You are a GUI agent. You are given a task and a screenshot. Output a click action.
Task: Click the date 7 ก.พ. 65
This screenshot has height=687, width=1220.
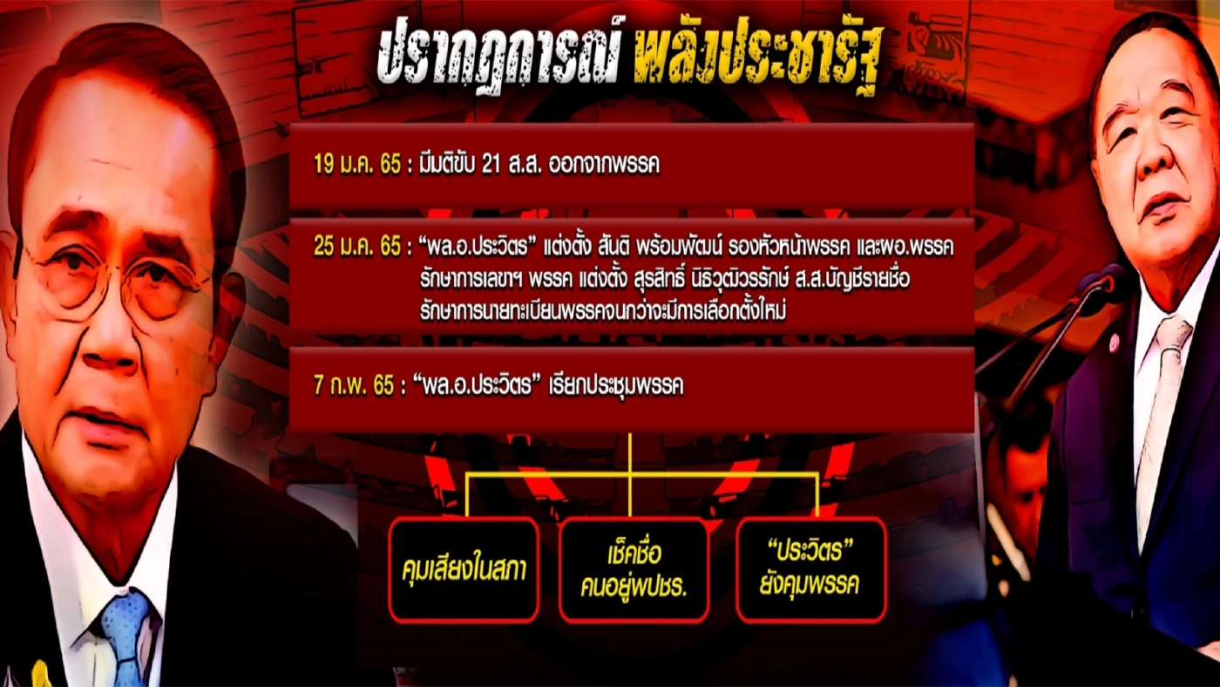point(353,386)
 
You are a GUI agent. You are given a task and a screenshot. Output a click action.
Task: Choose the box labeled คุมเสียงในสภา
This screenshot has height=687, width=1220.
point(464,570)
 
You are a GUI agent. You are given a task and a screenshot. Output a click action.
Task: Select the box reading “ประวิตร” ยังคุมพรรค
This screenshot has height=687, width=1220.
point(810,570)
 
